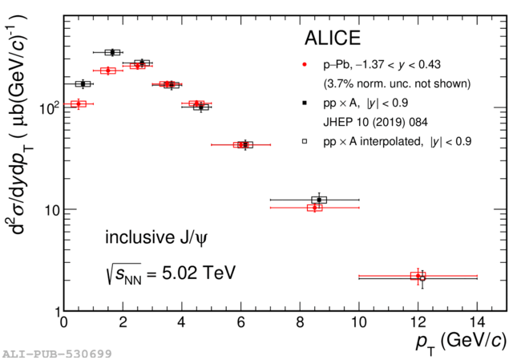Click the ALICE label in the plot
click(333, 38)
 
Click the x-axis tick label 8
click(300, 324)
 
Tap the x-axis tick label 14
click(476, 324)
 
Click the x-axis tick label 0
click(64, 324)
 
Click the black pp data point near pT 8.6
click(319, 200)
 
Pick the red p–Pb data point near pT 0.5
click(78, 103)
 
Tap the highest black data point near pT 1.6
click(112, 52)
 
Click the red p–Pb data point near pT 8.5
click(314, 208)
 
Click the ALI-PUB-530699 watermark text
click(56, 353)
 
